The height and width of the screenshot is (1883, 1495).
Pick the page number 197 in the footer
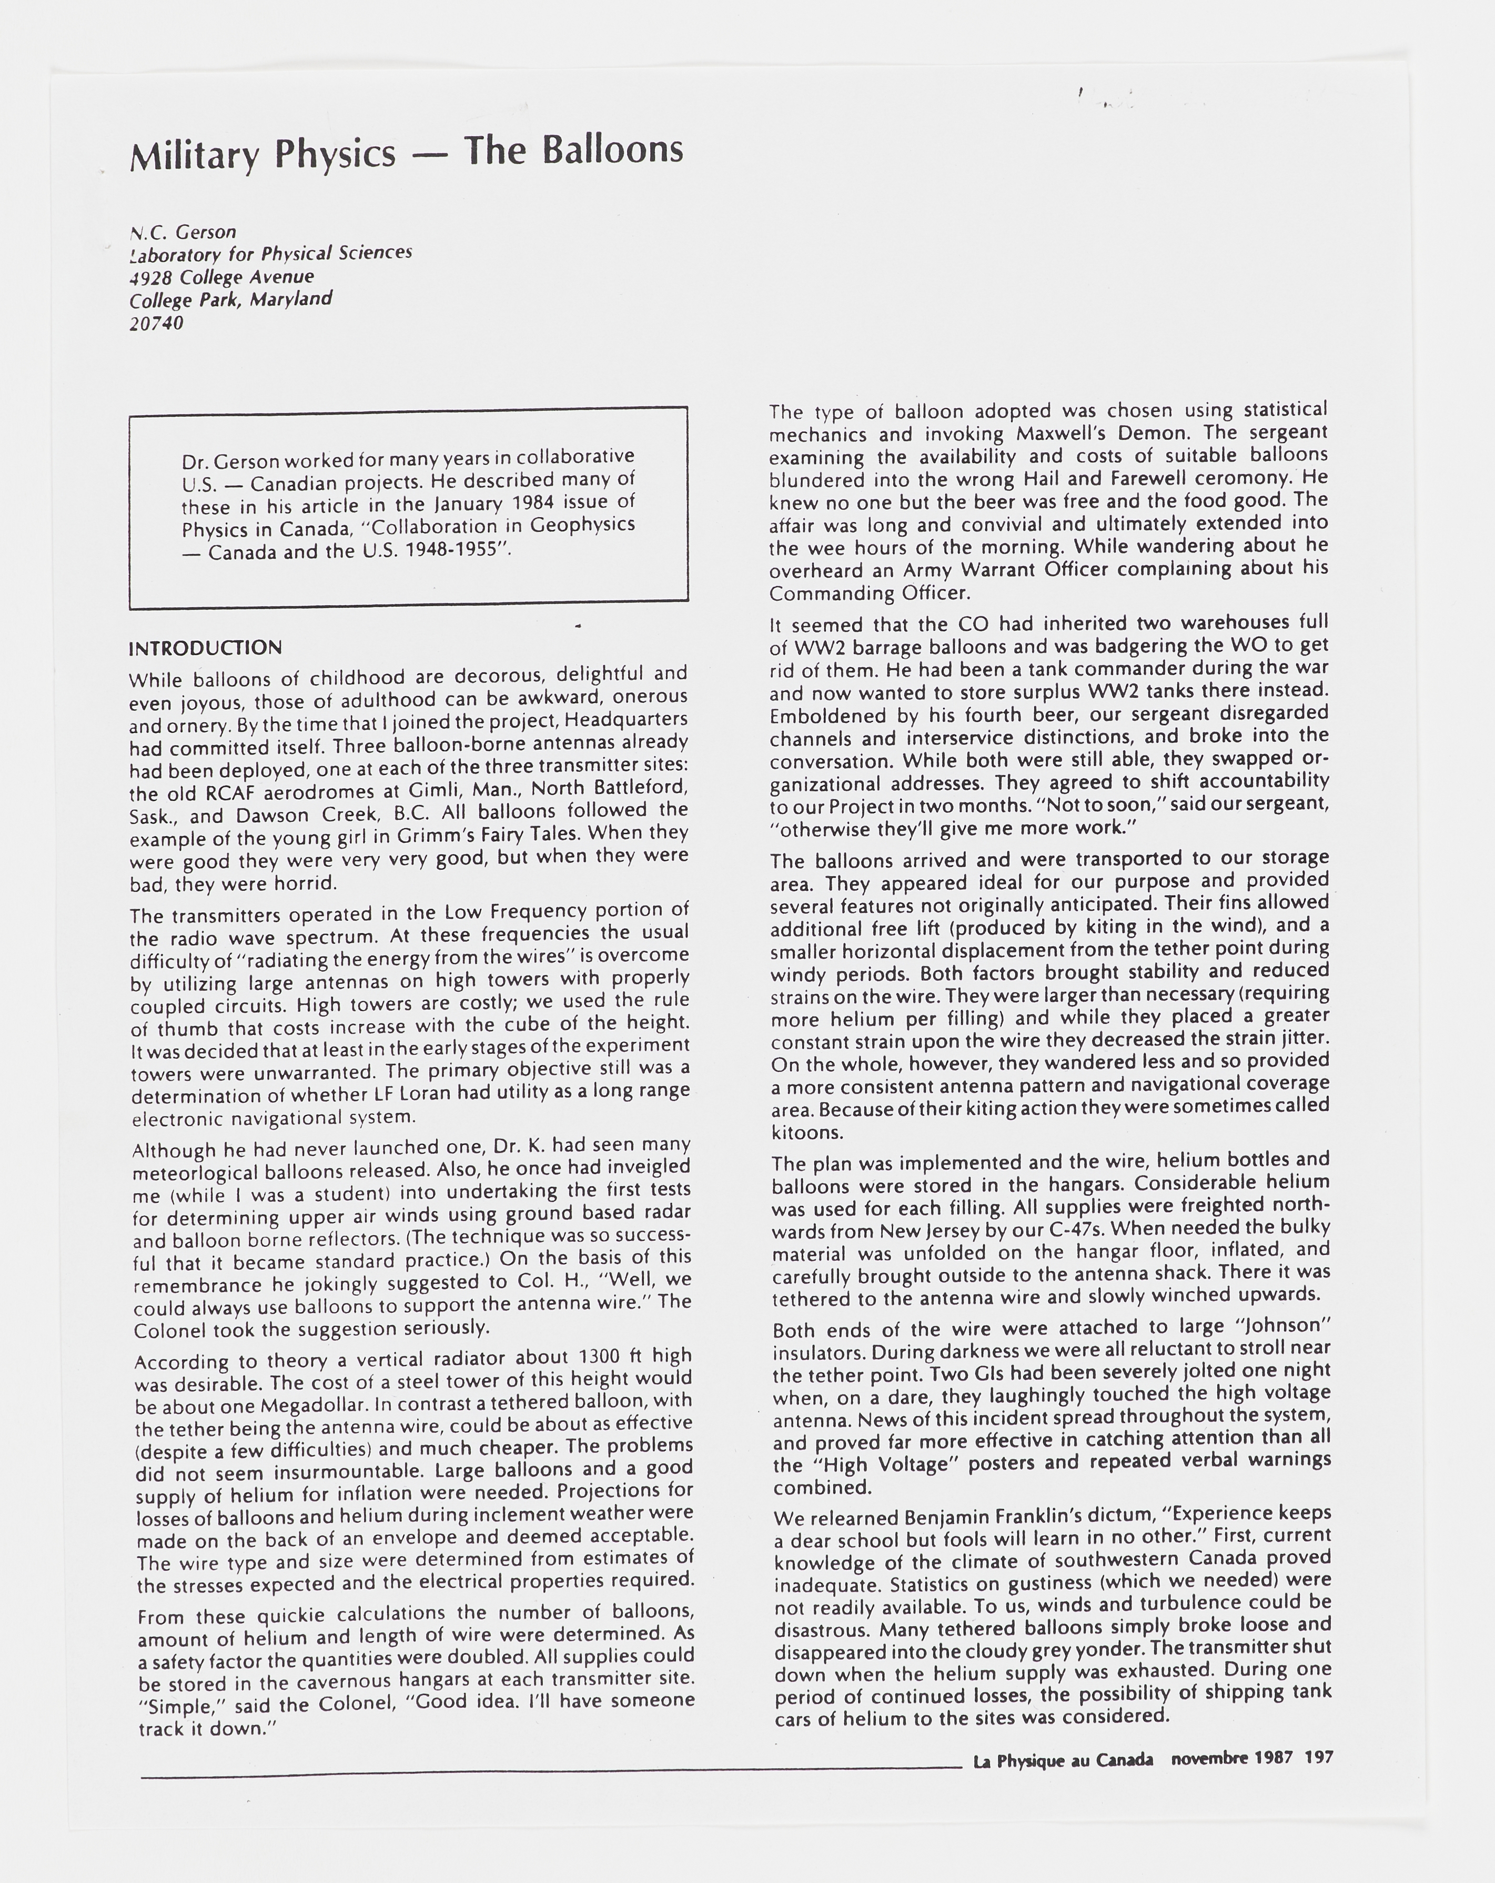(x=1319, y=1757)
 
